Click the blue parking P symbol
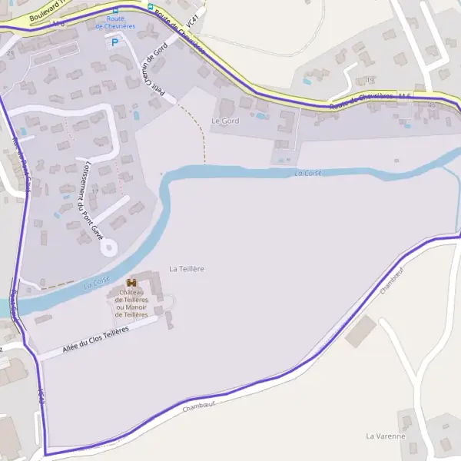point(115,42)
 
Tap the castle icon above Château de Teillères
point(131,283)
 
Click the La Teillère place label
point(186,268)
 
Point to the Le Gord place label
point(225,121)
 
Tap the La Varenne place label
point(385,436)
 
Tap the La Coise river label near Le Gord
point(307,174)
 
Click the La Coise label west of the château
point(97,282)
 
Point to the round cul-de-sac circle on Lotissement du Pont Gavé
point(108,247)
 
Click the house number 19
point(370,80)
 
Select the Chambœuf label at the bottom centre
point(199,405)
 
